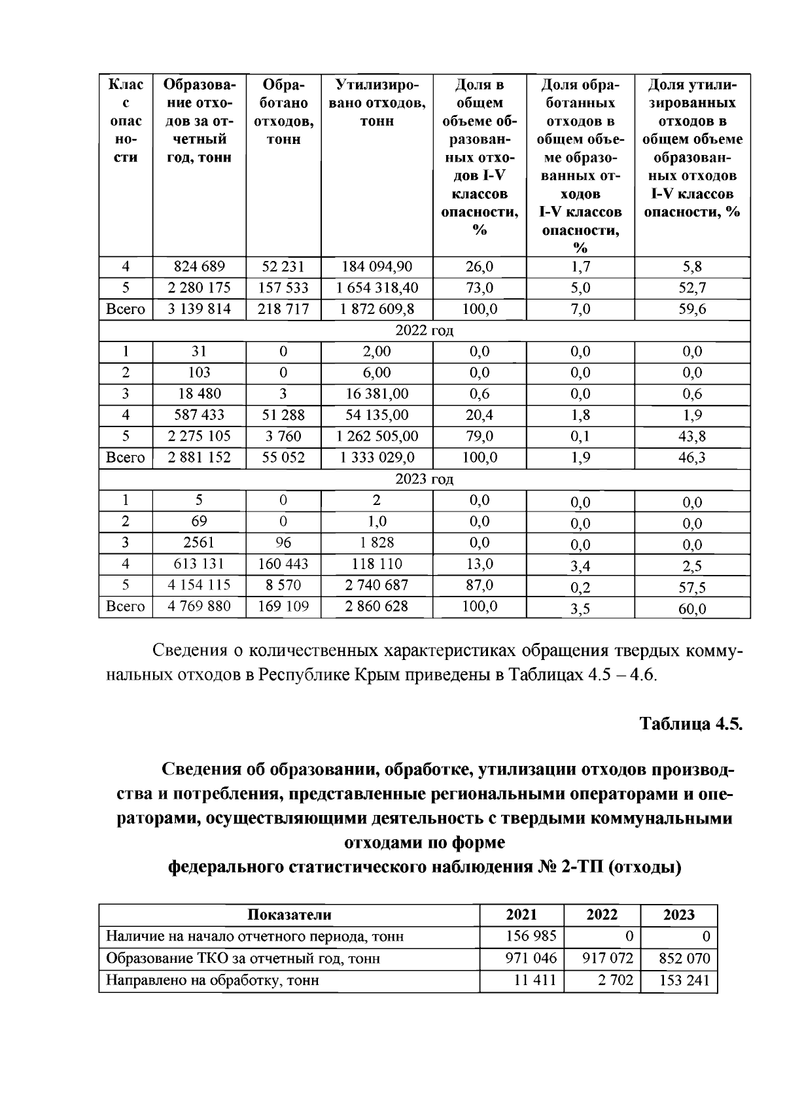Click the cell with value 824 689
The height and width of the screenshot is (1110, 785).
pyautogui.click(x=199, y=267)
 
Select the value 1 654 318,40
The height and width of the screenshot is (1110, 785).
pyautogui.click(x=377, y=288)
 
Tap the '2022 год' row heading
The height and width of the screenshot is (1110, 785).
pyautogui.click(x=424, y=330)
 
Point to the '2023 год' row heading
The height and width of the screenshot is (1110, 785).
pyautogui.click(x=424, y=479)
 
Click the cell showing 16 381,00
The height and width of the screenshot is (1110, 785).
pyautogui.click(x=377, y=394)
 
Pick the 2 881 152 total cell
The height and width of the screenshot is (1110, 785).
pyautogui.click(x=199, y=457)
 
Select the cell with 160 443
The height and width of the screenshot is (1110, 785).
pyautogui.click(x=283, y=564)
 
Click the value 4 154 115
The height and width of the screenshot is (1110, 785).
pyautogui.click(x=199, y=585)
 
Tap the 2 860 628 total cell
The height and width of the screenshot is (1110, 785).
pyautogui.click(x=377, y=606)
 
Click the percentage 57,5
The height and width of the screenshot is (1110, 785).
pyautogui.click(x=692, y=587)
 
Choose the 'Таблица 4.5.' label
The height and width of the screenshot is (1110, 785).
pyautogui.click(x=691, y=724)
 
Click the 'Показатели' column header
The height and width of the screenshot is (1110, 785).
pyautogui.click(x=289, y=915)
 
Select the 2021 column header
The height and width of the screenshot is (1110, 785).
pyautogui.click(x=521, y=915)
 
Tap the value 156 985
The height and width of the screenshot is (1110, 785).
pyautogui.click(x=531, y=937)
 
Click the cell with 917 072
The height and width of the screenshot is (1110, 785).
pyautogui.click(x=608, y=959)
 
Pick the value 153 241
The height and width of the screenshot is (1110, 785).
pyautogui.click(x=684, y=980)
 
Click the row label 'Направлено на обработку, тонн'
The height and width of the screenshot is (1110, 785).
pyautogui.click(x=213, y=980)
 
